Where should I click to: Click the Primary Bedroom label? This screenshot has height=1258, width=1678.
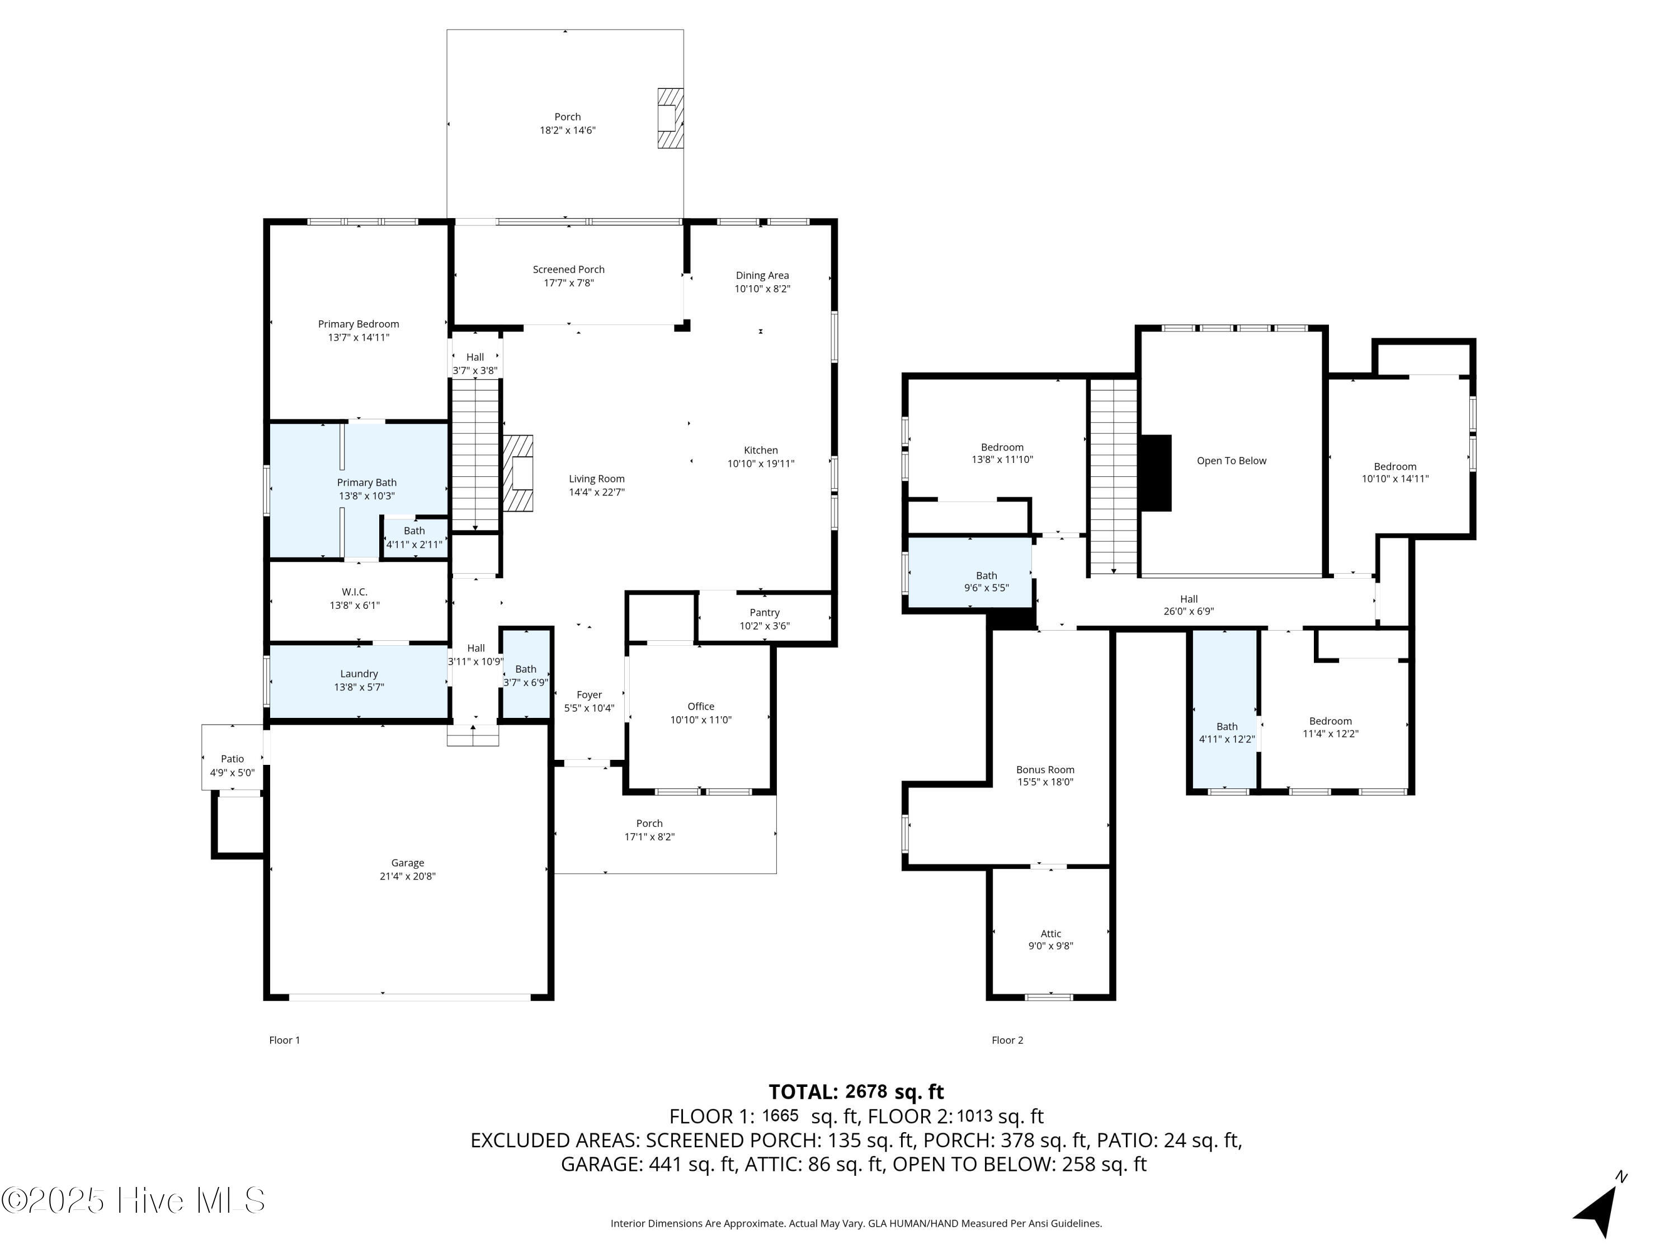pos(358,324)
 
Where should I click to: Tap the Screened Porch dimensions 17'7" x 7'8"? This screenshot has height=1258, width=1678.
pos(568,283)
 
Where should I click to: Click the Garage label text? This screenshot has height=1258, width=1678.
pos(407,862)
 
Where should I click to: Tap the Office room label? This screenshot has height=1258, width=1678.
pos(700,706)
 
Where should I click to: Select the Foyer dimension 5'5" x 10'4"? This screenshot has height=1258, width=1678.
pos(588,708)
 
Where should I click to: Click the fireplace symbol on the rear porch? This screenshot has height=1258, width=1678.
pos(670,119)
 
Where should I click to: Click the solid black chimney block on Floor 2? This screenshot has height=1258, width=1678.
pos(1156,472)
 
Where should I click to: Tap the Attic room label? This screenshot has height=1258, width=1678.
pos(1050,934)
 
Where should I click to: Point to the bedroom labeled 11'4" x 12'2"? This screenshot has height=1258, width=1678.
pos(1330,726)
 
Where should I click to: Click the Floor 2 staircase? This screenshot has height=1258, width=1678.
pos(1113,476)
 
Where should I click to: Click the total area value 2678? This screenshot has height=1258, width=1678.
pos(865,1091)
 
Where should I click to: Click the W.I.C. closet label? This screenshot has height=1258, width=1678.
pos(354,592)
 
